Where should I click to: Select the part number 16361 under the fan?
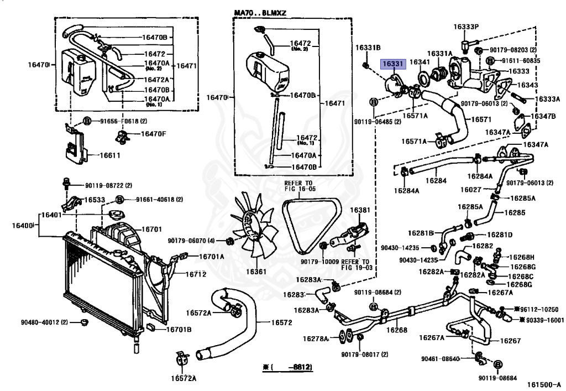pyautogui.click(x=256, y=272)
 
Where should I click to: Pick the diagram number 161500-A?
pyautogui.click(x=543, y=385)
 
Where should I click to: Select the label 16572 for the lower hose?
pyautogui.click(x=281, y=322)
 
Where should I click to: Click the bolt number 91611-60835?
pyautogui.click(x=521, y=60)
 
